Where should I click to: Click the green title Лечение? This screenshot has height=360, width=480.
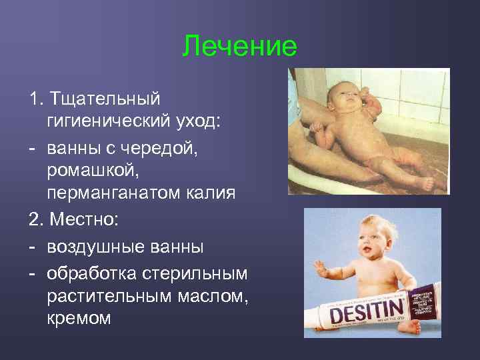pos(239,47)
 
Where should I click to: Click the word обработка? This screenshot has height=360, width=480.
pos(91,273)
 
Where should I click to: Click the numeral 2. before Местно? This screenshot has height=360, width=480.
pos(35,219)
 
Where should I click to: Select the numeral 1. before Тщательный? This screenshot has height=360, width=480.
pos(35,99)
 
